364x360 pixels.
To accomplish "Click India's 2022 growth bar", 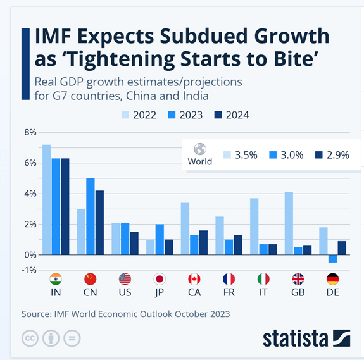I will [46, 199].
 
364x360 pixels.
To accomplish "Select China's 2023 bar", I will [91, 216].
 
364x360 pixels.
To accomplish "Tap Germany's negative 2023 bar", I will [332, 258].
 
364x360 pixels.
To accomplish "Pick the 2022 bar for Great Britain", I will [289, 223].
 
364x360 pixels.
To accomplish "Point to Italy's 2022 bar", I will [254, 226].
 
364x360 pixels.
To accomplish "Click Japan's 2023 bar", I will [160, 239].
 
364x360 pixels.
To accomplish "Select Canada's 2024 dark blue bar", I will [204, 242].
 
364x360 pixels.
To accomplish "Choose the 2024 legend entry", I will [232, 115].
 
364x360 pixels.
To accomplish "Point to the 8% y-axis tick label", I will [30, 132].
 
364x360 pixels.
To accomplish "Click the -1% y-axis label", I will [29, 270].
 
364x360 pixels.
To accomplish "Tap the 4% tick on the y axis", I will [30, 194].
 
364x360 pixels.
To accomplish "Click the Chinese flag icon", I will [90, 279].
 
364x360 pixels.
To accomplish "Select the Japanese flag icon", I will [160, 279].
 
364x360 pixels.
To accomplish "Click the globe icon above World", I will [200, 149].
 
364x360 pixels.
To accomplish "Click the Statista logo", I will [306, 337].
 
